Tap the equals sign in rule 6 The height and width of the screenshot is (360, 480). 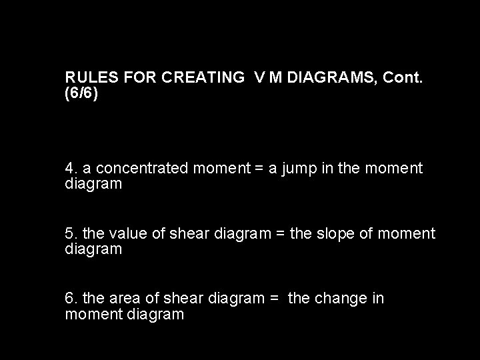click(x=274, y=298)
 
